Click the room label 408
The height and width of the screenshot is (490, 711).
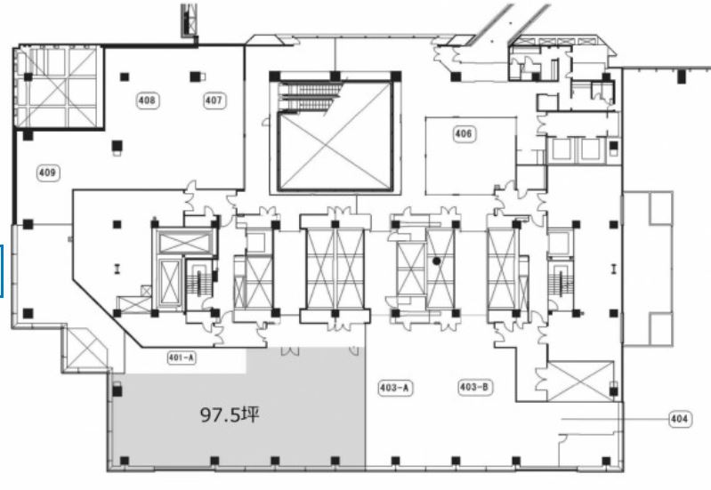pyautogui.click(x=148, y=100)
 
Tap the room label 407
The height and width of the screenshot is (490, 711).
pyautogui.click(x=214, y=100)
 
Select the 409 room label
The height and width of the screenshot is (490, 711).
pyautogui.click(x=48, y=173)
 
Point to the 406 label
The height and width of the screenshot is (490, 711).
pyautogui.click(x=464, y=133)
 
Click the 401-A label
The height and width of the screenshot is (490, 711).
pyautogui.click(x=182, y=357)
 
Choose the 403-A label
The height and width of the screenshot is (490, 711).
pyautogui.click(x=395, y=388)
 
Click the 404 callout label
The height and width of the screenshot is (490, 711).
pyautogui.click(x=679, y=419)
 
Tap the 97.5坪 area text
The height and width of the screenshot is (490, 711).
pyautogui.click(x=230, y=414)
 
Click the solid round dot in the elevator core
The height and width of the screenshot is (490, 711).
pyautogui.click(x=437, y=261)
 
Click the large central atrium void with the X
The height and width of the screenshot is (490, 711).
pyautogui.click(x=335, y=149)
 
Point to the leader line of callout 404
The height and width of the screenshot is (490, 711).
pyautogui.click(x=615, y=419)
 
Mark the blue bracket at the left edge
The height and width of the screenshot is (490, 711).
pyautogui.click(x=2, y=270)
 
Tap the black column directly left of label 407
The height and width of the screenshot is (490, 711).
pyautogui.click(x=195, y=76)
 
